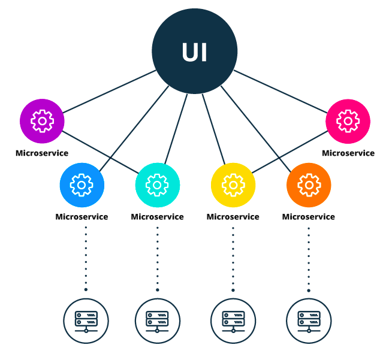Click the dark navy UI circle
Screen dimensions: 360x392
coord(194,52)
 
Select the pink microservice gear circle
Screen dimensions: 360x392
coord(348,121)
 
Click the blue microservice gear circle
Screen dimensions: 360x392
coord(82,185)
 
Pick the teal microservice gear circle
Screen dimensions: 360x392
coord(157,185)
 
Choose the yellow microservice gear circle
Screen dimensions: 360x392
coord(233,185)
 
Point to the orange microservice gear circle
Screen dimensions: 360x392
coord(309,185)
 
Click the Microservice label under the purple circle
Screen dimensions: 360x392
coord(42,153)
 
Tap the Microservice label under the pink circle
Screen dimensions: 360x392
coord(348,153)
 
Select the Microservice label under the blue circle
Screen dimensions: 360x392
coord(82,216)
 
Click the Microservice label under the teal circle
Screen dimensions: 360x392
coord(157,216)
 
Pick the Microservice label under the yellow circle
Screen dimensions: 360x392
coord(233,216)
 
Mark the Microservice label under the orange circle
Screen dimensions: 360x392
coord(309,216)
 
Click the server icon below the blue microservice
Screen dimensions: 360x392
coord(86,320)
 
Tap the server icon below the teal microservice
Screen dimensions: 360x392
coord(157,320)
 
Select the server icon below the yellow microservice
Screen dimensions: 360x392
coord(233,320)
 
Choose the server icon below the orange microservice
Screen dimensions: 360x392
coord(309,320)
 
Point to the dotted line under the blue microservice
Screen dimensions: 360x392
coord(86,258)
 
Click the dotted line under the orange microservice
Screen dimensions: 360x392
coord(309,258)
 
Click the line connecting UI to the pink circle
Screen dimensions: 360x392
coord(282,92)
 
